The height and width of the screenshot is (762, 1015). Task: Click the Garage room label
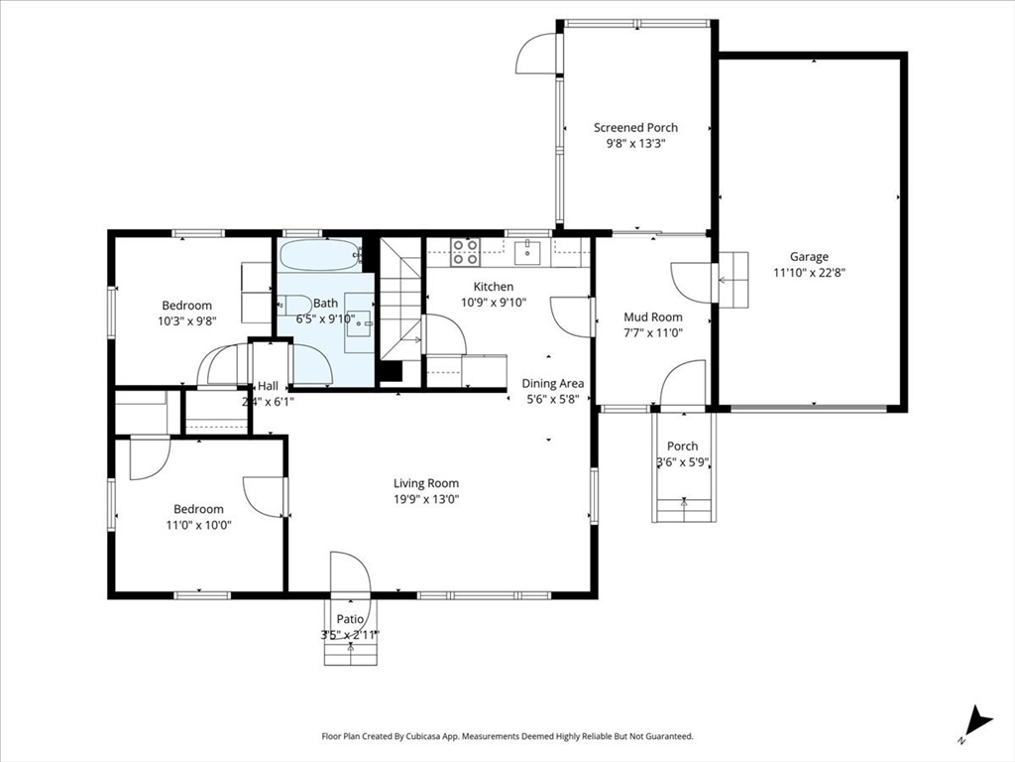coord(809,257)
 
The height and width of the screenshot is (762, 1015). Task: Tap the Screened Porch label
coord(635,128)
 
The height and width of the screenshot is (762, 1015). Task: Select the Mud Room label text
coord(652,317)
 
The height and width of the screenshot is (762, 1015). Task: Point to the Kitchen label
coord(494,287)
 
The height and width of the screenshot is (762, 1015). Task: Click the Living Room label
coord(426,483)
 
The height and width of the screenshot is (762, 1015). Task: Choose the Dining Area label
coord(553,384)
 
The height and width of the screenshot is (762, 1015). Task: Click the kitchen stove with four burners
coord(466,252)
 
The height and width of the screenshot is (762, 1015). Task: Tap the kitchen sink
coord(529,252)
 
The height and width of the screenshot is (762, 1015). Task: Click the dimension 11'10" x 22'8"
coord(809,273)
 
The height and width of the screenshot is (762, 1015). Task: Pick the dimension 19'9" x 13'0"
coord(426,500)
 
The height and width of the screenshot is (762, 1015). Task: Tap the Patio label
coord(350,619)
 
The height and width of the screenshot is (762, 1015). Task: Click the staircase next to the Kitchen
coord(400,300)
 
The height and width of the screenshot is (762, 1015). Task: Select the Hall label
coord(268,386)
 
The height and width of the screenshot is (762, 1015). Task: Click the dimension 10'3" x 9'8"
coord(187,320)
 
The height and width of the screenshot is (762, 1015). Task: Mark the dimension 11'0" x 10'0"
coord(198,525)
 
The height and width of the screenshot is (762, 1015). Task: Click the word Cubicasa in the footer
coord(424,736)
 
